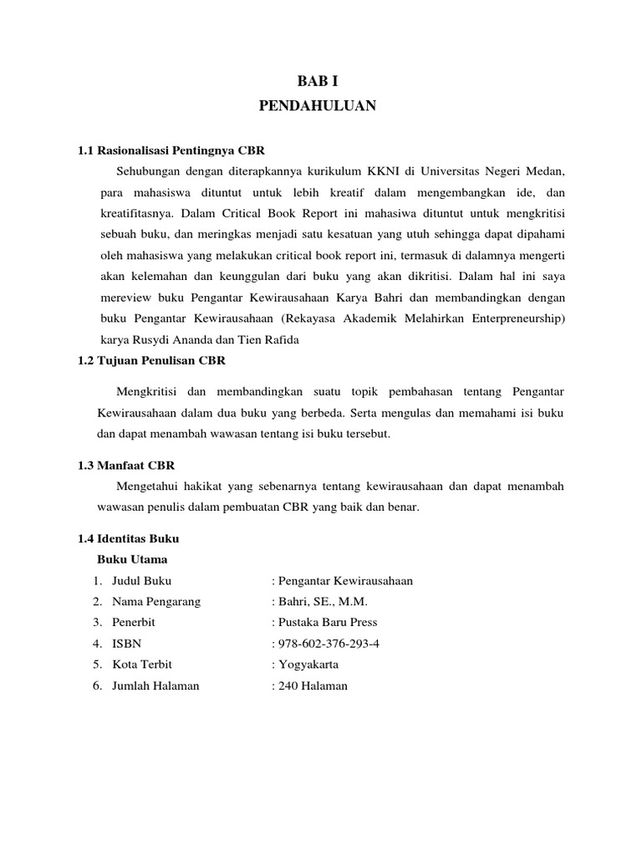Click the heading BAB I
point(320,80)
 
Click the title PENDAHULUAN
point(320,106)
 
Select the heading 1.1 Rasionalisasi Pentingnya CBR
point(171,151)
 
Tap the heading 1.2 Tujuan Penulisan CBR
point(151,360)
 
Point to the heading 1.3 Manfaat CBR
point(126,466)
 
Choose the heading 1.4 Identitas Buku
point(129,538)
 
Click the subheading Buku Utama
point(132,559)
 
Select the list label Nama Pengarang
point(156,602)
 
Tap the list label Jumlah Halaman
point(155,685)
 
